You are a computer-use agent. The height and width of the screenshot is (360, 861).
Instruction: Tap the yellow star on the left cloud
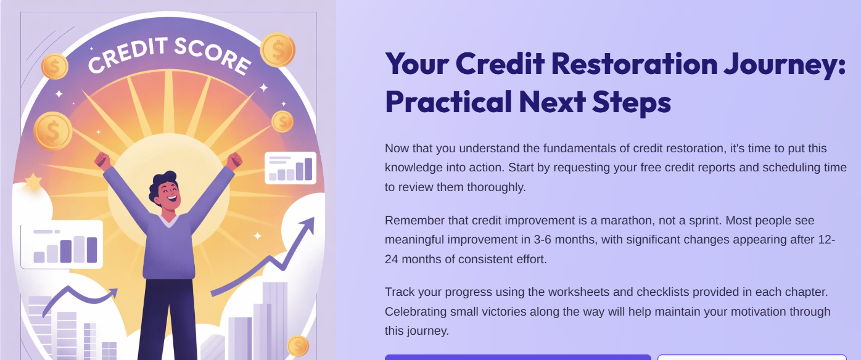(32, 182)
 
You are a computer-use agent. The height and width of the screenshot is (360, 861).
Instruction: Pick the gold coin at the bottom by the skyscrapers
(298, 346)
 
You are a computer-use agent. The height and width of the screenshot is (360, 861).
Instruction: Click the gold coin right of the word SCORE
(278, 49)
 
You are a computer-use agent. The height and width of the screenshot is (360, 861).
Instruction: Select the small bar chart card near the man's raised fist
(290, 168)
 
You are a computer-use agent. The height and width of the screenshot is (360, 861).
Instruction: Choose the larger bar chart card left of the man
(62, 245)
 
